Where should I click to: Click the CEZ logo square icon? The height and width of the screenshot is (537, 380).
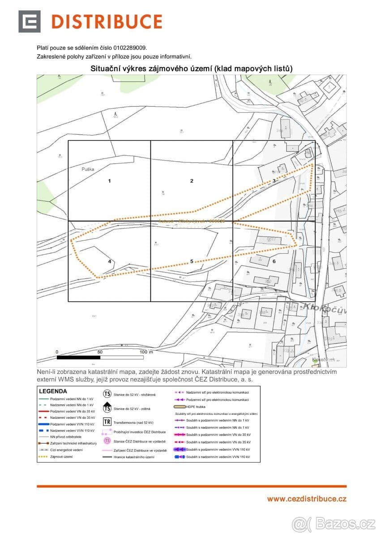(x=29, y=21)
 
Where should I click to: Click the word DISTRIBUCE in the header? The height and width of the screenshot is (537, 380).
(x=107, y=21)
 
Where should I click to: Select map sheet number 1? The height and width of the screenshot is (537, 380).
(x=109, y=181)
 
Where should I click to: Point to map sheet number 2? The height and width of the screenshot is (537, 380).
(x=192, y=181)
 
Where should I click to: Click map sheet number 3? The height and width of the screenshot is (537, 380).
(x=274, y=181)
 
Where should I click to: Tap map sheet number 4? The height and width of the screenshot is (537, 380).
(x=109, y=261)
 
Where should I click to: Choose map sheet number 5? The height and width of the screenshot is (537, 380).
(x=192, y=261)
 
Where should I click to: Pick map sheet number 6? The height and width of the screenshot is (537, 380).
(x=274, y=261)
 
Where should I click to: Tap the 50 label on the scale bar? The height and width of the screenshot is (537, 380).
(x=100, y=352)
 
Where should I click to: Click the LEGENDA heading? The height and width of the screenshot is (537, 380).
(x=53, y=391)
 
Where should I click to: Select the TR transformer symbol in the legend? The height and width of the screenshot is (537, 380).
(x=107, y=422)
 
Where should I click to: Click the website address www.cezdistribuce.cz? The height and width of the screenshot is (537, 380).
(x=307, y=499)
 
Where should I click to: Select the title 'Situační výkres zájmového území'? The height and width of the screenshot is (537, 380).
(x=152, y=68)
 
